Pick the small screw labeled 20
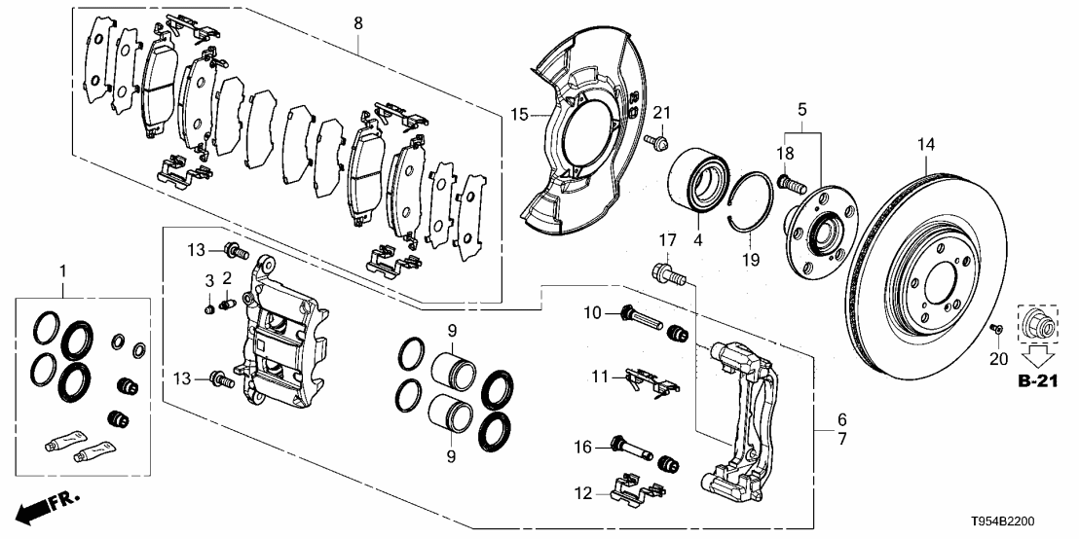tap(995, 327)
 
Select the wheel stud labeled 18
tap(791, 181)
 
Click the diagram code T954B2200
tap(1023, 522)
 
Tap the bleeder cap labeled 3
tap(208, 309)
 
